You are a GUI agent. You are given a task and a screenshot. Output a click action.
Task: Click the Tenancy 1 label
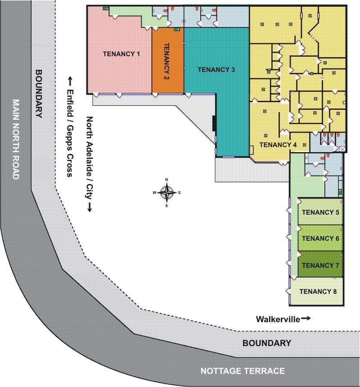point(121,54)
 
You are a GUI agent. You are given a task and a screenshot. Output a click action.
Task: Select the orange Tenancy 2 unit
point(168,60)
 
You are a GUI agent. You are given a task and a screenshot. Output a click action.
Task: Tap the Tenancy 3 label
point(216,70)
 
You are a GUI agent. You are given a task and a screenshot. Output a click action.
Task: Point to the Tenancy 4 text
point(278,144)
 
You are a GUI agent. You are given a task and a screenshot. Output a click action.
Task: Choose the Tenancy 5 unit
point(320,211)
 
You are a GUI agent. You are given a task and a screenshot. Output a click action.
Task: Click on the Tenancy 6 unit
point(320,238)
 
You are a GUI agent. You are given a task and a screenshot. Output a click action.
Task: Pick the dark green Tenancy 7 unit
point(320,264)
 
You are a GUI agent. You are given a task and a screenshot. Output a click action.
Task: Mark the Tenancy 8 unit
point(317,292)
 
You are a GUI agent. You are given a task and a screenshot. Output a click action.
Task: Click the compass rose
point(167,193)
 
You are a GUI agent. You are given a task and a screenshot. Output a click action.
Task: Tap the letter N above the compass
point(166,180)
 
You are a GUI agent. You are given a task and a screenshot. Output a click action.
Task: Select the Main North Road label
point(16,139)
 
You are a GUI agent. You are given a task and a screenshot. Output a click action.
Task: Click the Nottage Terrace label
point(243,371)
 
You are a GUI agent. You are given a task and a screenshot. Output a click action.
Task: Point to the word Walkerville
point(278,319)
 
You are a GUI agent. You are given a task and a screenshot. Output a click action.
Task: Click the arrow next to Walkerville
point(306,319)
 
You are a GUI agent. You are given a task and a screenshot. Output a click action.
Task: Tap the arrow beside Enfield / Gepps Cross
point(70,82)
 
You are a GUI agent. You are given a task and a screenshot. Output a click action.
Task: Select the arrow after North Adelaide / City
point(89,207)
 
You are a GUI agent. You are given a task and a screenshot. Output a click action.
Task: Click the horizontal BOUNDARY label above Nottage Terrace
point(267,343)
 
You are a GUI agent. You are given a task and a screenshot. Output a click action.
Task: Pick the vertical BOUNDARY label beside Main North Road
point(39,94)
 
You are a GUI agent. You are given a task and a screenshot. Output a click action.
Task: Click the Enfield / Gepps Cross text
point(70,133)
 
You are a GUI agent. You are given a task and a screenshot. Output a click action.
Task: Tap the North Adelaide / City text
point(89,157)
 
